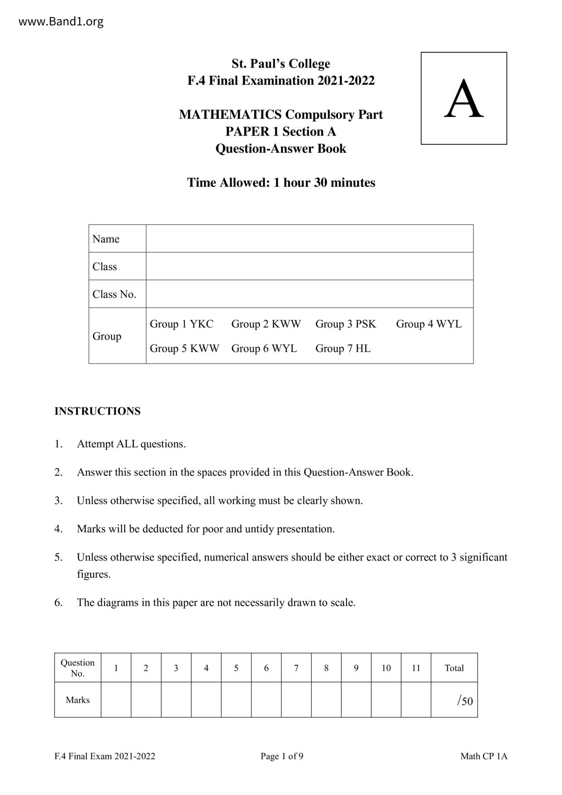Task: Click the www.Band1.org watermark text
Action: [x=61, y=21]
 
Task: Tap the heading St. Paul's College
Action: [x=281, y=63]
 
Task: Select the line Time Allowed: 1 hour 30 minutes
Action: [x=281, y=183]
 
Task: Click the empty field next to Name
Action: [x=309, y=238]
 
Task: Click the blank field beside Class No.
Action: [x=309, y=294]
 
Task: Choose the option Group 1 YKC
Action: [x=181, y=324]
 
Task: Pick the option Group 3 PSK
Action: [x=345, y=324]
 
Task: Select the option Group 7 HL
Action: [x=343, y=349]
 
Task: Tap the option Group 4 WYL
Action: [x=428, y=324]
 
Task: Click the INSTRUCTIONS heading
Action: [x=97, y=411]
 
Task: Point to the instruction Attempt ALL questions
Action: [x=131, y=444]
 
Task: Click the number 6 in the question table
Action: [x=266, y=668]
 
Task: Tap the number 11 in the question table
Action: [x=416, y=668]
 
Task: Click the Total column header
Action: [x=454, y=668]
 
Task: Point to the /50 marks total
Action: [x=465, y=701]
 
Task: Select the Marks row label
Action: [x=78, y=700]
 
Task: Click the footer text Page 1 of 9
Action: [x=281, y=756]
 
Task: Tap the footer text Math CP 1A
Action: [x=484, y=756]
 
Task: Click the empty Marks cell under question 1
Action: [x=116, y=700]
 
